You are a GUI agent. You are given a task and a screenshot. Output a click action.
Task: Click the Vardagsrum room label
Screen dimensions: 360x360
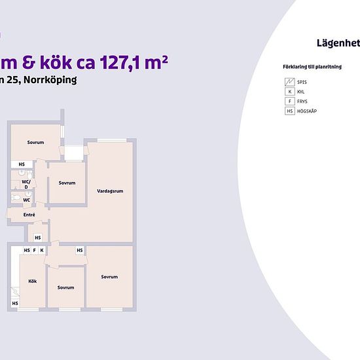[110, 191]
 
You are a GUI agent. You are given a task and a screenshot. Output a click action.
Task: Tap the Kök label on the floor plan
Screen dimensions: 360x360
[32, 281]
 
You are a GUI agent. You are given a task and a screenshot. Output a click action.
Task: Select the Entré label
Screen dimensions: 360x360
[29, 215]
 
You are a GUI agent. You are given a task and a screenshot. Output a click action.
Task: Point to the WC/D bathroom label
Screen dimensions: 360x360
[26, 184]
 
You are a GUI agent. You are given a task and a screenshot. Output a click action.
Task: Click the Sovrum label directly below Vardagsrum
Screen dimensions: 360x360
[109, 277]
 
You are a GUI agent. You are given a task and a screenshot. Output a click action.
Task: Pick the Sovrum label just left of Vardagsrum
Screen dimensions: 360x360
[67, 183]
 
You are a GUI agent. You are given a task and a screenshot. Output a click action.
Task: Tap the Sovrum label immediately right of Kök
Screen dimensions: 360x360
[65, 287]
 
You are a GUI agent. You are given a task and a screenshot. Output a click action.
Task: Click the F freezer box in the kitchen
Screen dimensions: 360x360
[34, 250]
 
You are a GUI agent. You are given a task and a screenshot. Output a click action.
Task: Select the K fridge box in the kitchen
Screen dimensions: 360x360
[41, 250]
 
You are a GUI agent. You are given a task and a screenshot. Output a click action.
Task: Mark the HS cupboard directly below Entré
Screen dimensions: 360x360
[38, 237]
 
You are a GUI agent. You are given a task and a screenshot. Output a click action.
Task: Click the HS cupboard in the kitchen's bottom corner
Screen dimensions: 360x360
[14, 303]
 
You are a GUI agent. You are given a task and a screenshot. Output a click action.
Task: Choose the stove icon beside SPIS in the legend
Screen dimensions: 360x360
[289, 82]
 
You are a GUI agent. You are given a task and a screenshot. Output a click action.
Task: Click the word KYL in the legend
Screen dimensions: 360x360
[301, 92]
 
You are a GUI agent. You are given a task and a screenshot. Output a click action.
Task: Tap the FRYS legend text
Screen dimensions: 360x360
[302, 101]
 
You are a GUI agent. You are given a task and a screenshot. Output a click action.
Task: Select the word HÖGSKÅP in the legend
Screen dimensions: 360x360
[306, 111]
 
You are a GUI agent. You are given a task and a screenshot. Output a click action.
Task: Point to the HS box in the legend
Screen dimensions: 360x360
[289, 111]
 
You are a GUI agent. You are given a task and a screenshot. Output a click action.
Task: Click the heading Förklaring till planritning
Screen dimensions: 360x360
[308, 67]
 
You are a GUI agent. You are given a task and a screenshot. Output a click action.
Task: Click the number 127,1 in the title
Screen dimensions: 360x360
[127, 62]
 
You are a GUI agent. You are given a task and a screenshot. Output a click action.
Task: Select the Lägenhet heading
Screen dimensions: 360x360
[337, 43]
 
